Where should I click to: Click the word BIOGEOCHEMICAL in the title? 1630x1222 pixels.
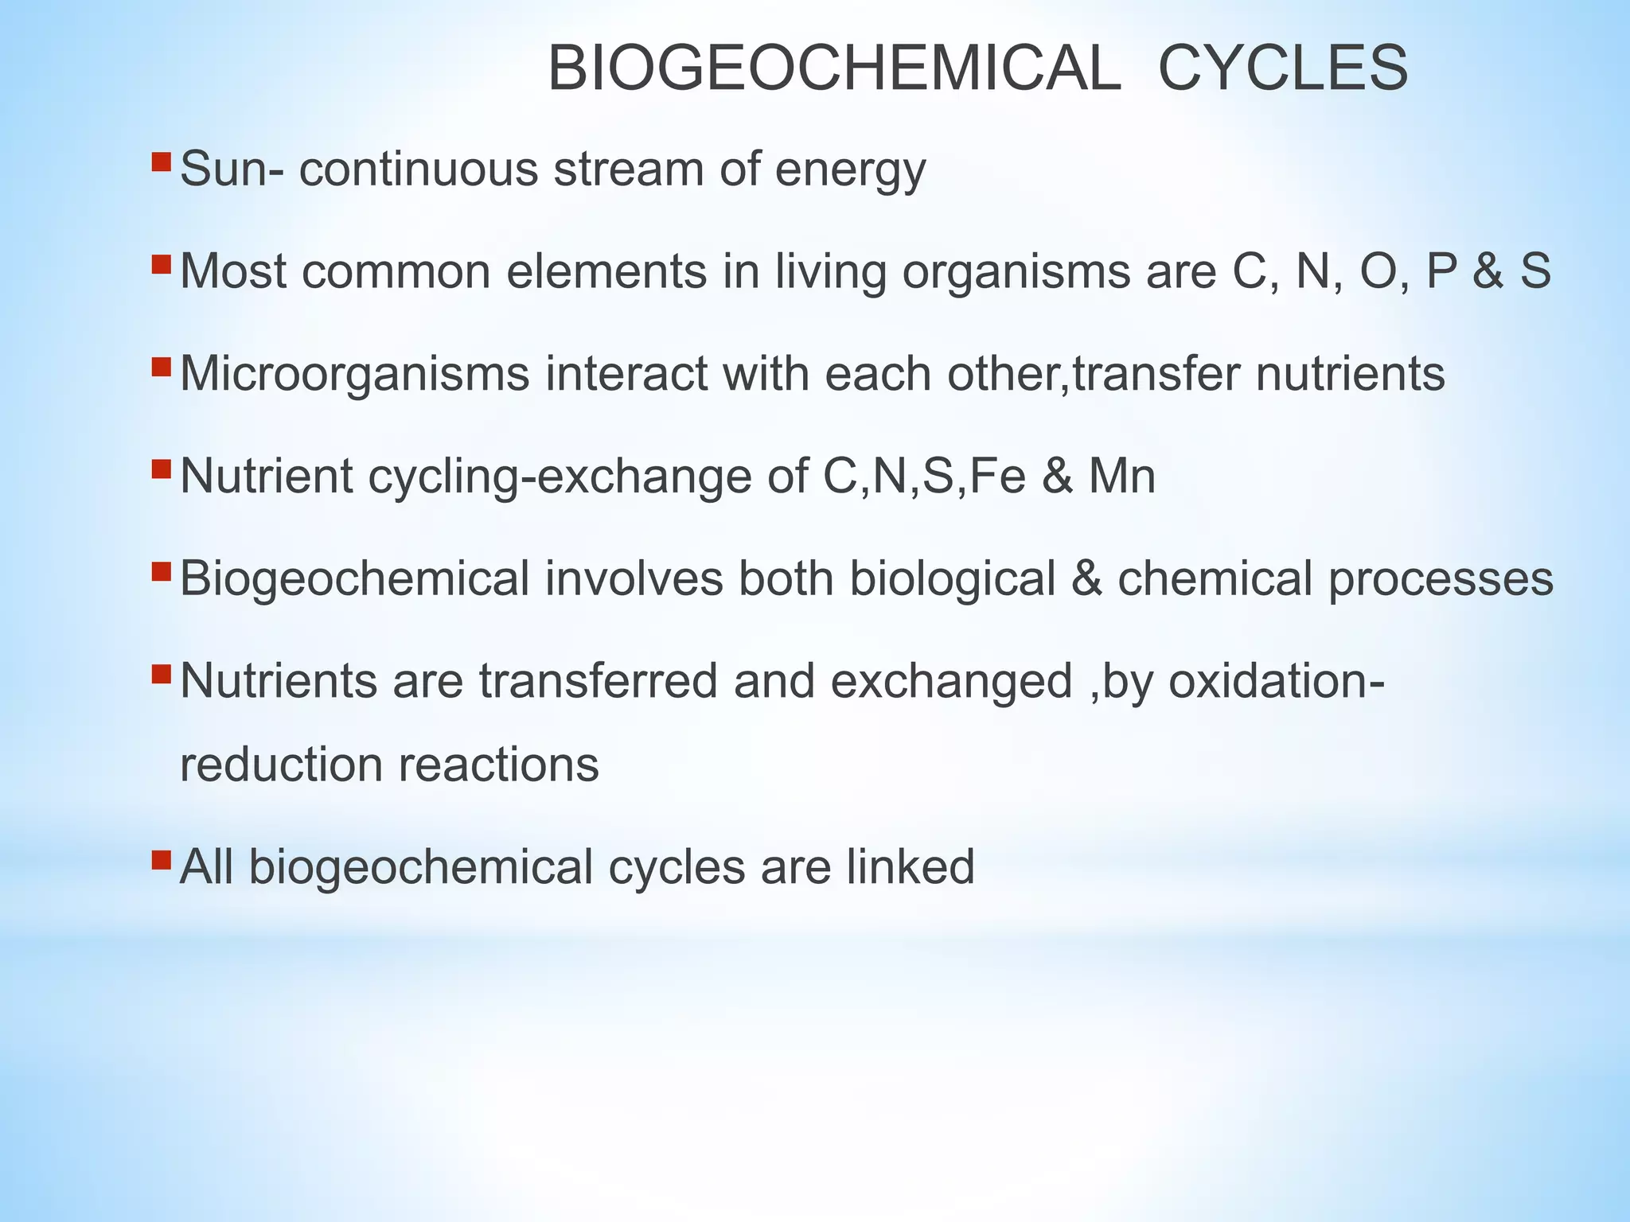834,69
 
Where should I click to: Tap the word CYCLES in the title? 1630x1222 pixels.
1282,69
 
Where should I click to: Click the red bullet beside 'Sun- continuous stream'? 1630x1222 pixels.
161,162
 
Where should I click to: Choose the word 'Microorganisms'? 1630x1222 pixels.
354,374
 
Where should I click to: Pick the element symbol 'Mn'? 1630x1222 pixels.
1121,476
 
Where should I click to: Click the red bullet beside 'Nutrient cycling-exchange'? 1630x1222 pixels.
161,469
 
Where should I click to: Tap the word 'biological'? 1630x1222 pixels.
952,578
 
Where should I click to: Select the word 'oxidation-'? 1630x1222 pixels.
1276,681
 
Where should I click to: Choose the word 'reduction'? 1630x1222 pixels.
281,765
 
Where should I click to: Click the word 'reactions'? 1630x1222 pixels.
498,765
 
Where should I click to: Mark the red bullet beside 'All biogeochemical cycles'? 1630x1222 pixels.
161,859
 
